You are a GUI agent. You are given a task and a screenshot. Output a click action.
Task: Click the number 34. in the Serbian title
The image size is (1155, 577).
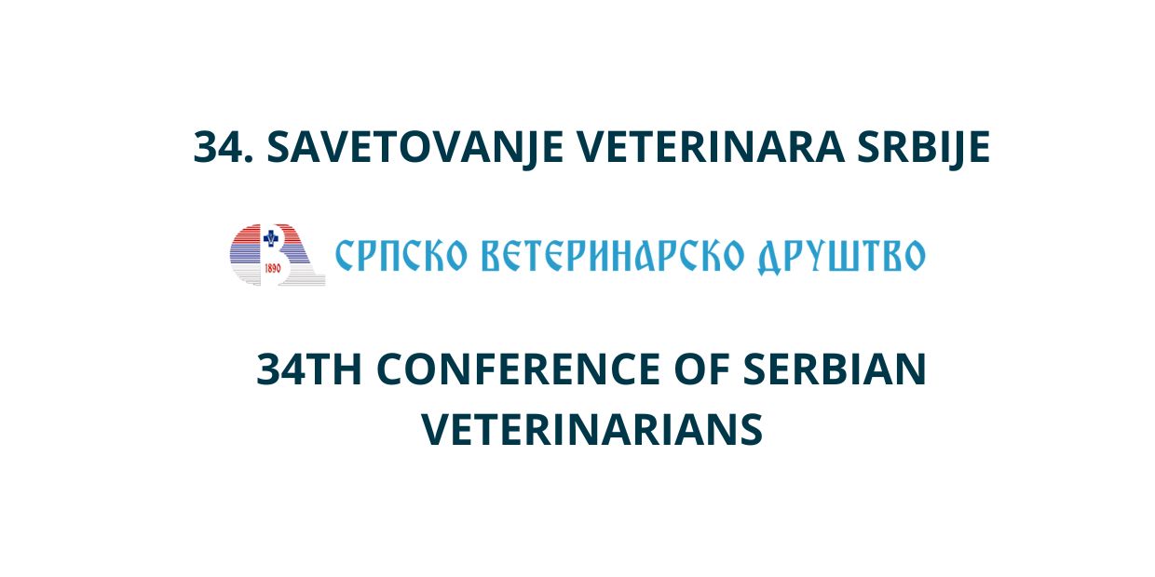tap(224, 147)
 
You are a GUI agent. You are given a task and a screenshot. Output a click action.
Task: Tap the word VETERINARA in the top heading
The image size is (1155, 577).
tap(710, 147)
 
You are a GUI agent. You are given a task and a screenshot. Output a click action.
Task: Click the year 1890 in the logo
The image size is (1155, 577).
tap(272, 268)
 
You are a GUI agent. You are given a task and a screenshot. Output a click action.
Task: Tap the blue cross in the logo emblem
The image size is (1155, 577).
tap(271, 238)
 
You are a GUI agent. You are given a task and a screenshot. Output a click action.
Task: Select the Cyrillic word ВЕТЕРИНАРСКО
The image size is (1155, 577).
tap(613, 255)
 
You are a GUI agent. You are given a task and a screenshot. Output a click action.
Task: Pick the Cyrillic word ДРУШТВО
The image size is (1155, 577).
tap(841, 257)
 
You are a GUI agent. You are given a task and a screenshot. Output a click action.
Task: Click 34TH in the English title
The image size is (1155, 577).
tap(308, 369)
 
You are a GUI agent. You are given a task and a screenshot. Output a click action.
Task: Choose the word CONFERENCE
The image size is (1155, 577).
tap(518, 369)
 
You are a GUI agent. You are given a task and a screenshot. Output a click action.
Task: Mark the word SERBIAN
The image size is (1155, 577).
tap(835, 369)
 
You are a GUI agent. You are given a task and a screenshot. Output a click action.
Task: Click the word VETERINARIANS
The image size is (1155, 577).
tap(592, 430)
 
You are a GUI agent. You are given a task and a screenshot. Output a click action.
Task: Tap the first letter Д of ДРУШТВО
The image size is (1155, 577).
tap(771, 258)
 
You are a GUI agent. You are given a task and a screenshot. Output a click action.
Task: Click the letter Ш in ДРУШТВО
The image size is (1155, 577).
tap(848, 256)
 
